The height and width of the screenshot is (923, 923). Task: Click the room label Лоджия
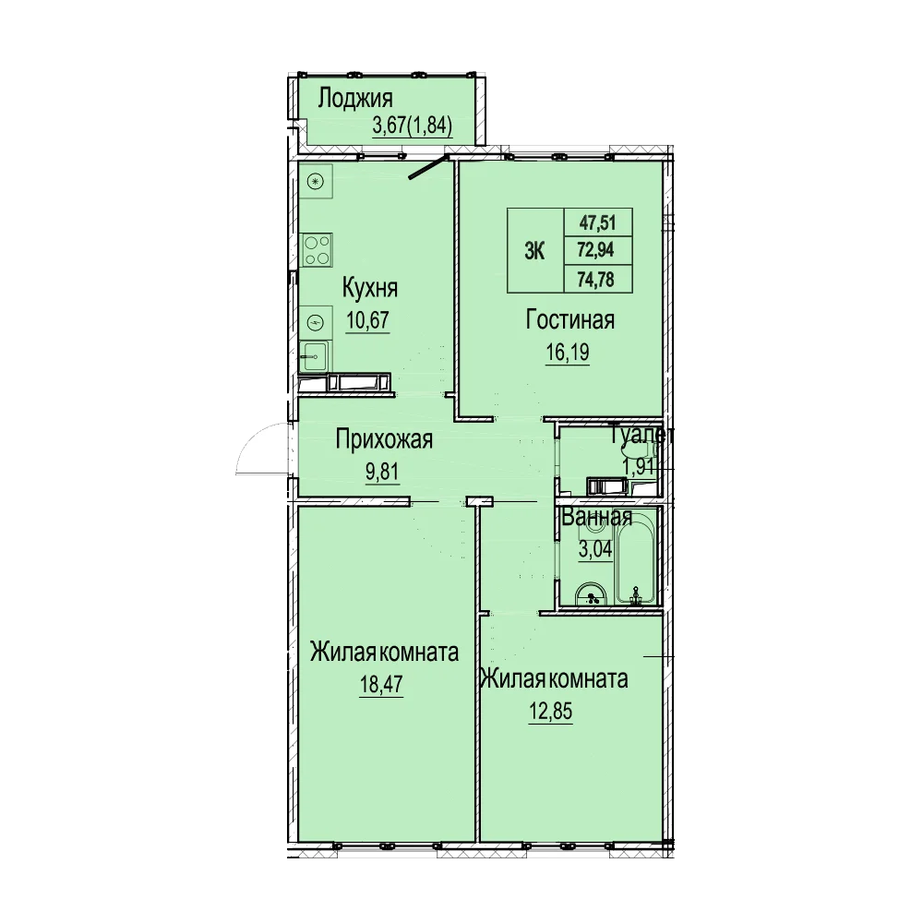click(355, 99)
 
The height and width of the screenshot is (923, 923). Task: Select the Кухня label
click(370, 288)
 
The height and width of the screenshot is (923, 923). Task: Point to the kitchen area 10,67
click(368, 321)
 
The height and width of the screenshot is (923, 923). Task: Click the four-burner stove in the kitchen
click(317, 250)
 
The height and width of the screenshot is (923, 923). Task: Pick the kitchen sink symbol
click(315, 356)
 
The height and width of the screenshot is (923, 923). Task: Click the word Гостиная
click(569, 321)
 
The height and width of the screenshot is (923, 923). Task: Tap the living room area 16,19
click(568, 353)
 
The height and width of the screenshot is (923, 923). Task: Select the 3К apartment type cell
click(535, 251)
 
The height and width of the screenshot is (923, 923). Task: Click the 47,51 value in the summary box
click(597, 223)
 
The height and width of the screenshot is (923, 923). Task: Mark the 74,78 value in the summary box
click(597, 279)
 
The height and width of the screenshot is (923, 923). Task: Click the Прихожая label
click(384, 439)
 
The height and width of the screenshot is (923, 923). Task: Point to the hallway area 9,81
click(383, 472)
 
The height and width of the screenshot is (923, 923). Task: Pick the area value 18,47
click(381, 685)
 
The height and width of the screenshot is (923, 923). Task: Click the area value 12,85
click(550, 712)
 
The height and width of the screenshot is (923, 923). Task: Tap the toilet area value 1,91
click(638, 467)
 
